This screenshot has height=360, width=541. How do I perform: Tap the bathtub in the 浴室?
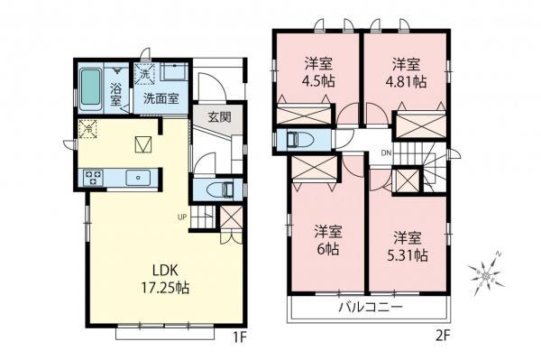(x=91, y=88)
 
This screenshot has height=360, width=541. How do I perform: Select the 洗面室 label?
(x=159, y=98)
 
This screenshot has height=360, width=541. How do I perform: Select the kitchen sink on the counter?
(x=139, y=178)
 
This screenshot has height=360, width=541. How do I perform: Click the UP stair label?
(x=182, y=217)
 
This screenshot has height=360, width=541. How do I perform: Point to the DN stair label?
(x=386, y=152)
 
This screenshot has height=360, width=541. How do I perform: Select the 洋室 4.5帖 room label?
(x=316, y=70)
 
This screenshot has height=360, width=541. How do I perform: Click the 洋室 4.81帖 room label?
(x=406, y=70)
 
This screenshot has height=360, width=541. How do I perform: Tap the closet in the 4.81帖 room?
(x=420, y=124)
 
